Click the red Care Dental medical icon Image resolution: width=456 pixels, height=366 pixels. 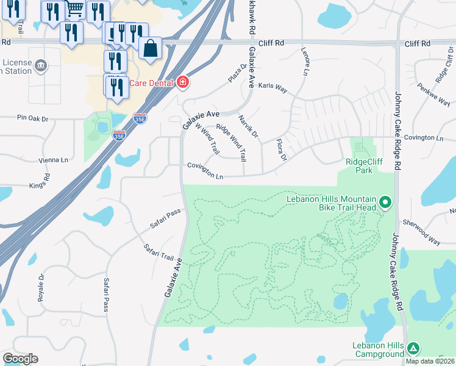(x=182, y=82)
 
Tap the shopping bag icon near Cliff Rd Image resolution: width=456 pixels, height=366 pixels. (x=150, y=48)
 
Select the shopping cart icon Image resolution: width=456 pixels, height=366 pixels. (x=75, y=9)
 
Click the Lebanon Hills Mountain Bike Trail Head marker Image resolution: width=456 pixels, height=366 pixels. (x=385, y=201)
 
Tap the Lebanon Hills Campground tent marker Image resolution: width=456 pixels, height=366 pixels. (x=413, y=348)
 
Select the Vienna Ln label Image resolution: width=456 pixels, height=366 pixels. (x=54, y=160)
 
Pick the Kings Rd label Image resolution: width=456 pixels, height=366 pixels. (x=37, y=184)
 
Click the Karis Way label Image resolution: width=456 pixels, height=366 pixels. (x=271, y=87)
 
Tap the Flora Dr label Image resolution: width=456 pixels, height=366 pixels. (x=280, y=149)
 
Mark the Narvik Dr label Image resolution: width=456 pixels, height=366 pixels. (x=248, y=126)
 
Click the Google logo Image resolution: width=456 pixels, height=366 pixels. (x=20, y=359)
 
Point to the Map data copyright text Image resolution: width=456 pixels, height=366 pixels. (x=430, y=361)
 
